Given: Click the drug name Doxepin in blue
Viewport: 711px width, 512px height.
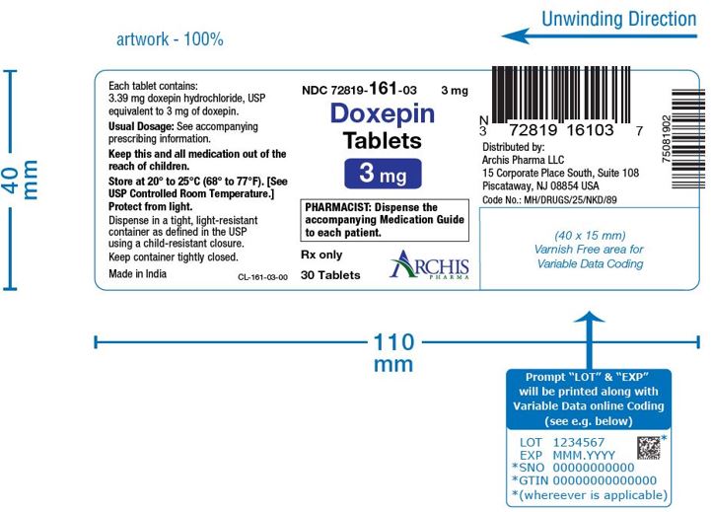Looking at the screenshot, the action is [383, 113].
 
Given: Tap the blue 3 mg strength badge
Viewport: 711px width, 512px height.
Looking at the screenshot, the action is [383, 174].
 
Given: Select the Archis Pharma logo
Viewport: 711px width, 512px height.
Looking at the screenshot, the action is [429, 264].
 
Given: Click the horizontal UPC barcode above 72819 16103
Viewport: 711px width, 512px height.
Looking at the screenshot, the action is [561, 95].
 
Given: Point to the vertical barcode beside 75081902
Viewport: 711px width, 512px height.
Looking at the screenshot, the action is [688, 139].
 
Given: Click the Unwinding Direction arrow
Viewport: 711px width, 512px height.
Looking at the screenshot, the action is [599, 36].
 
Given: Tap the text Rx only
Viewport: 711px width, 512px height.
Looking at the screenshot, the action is [321, 255].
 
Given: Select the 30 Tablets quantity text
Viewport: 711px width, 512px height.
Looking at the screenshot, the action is [330, 275].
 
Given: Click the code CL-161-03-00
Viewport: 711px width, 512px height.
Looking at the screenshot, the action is [262, 277].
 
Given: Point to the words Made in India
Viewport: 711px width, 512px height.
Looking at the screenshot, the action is [137, 274].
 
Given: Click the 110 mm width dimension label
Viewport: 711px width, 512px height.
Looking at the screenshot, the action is [393, 353].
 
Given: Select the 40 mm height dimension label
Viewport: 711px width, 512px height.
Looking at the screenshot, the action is [21, 180].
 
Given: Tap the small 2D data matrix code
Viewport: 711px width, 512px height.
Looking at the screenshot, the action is [649, 448].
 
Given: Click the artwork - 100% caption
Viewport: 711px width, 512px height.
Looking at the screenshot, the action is [170, 39].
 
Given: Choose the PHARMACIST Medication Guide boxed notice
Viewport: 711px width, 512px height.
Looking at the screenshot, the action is [385, 220].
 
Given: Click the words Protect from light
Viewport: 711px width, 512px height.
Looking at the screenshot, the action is [151, 207].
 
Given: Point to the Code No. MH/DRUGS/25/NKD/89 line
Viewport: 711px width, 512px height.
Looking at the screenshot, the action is [549, 200].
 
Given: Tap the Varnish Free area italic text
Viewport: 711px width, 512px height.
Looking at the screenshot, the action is [590, 250].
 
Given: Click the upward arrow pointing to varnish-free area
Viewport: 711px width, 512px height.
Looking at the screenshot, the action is [589, 339].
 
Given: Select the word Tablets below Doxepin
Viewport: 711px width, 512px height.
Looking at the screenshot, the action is [383, 141].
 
